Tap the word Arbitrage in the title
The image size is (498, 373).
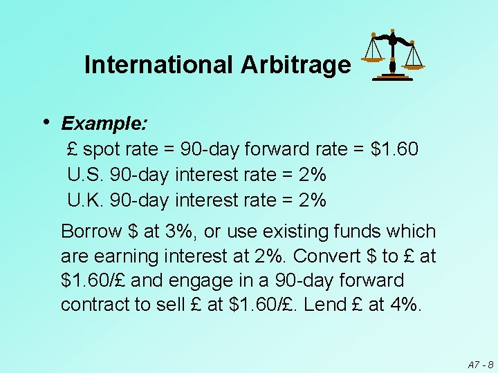[295, 65]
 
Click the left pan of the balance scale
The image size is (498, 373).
[373, 58]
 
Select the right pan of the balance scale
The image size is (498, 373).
[414, 66]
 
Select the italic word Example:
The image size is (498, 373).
[104, 124]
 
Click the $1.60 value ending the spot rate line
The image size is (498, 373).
[394, 149]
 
